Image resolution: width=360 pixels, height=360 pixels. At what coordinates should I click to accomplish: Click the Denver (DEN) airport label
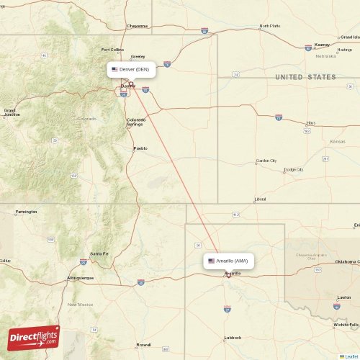131,70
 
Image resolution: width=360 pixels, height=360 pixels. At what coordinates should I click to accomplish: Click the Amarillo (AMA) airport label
228,261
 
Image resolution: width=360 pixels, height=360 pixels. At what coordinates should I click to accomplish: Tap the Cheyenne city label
137,26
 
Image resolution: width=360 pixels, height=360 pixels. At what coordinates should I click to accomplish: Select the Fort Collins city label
112,50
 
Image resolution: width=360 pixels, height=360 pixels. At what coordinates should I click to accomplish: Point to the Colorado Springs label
135,122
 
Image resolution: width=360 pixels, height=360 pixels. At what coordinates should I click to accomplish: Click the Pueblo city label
140,148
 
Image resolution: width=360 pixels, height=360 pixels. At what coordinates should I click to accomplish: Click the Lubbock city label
233,337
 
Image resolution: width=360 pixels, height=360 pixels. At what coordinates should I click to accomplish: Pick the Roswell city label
144,344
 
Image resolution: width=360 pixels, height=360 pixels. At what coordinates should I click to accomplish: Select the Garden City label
266,161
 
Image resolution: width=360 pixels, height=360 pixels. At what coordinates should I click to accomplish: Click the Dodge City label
293,170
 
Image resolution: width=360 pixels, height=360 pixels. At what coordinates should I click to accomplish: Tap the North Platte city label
269,26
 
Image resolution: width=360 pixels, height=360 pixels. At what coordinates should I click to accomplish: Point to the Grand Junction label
12,112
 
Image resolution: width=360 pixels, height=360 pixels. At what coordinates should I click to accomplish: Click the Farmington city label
26,212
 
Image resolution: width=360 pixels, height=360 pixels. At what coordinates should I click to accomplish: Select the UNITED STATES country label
305,77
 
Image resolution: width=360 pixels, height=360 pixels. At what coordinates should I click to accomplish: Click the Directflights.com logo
33,337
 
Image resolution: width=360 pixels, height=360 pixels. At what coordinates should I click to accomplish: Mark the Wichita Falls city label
346,325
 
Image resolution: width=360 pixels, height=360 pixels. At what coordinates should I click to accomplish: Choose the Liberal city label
259,199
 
